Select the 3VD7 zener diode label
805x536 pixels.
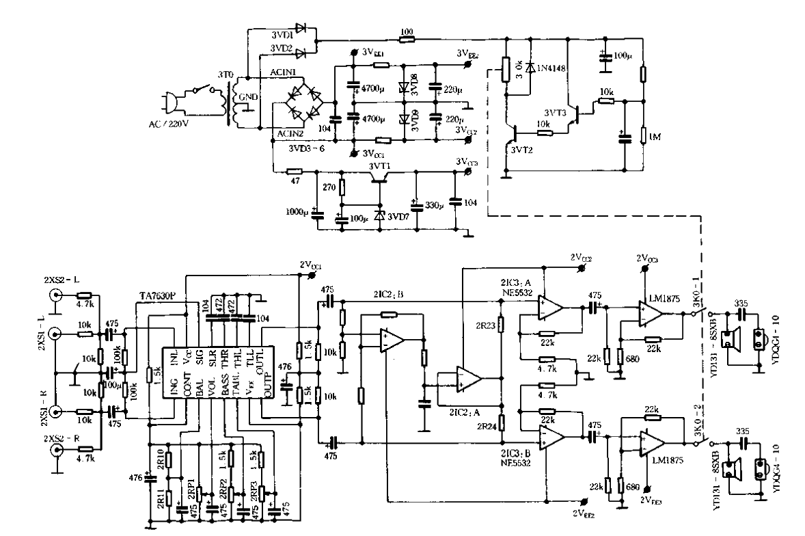399,217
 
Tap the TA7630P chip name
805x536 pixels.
158,297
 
